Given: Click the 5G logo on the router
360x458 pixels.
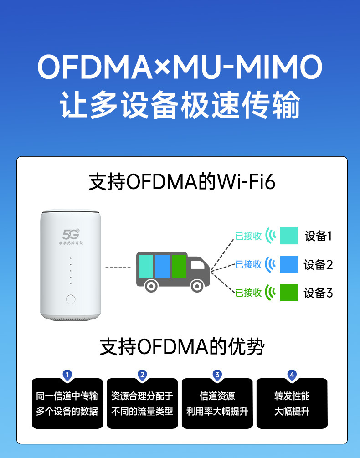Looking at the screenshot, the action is [71, 234].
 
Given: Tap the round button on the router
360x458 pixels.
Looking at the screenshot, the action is [71, 299].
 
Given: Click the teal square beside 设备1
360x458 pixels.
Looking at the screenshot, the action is [289, 236].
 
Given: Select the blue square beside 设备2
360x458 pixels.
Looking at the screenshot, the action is [289, 264].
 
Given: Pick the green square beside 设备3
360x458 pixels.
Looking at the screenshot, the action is [289, 293].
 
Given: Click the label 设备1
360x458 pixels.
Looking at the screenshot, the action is [319, 236].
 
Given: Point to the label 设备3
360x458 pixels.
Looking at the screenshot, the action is [319, 293].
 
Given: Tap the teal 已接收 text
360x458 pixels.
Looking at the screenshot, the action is [248, 236].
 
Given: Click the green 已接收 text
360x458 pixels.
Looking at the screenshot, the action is [248, 293].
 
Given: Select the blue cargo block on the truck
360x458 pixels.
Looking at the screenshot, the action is [162, 266].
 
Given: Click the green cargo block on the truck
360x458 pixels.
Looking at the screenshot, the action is [179, 266].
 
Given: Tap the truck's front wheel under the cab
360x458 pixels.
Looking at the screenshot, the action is [196, 286].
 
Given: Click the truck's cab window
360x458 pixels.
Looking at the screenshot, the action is [197, 265].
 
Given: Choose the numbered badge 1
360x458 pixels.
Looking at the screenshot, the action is [67, 375].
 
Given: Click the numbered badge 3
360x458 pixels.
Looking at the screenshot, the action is [217, 375].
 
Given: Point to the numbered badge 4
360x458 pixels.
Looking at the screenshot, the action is [292, 375].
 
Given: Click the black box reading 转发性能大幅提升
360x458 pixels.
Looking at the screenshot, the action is [292, 404].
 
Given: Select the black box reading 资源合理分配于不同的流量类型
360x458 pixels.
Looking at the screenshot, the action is [142, 404].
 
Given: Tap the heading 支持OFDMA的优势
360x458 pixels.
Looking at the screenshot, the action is [182, 347].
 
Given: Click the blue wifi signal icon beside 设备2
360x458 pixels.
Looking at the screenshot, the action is [271, 264].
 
